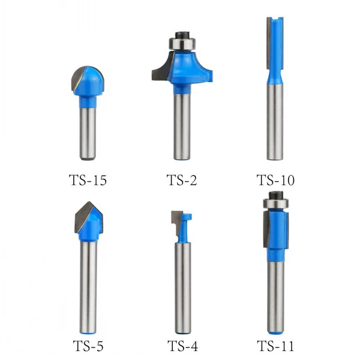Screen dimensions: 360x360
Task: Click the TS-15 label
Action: [x=88, y=180]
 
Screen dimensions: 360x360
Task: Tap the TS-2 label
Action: [x=182, y=180]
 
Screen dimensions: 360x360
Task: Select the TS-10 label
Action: [x=275, y=180]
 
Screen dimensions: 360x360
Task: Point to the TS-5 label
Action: [x=88, y=346]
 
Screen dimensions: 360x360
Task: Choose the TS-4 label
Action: [x=183, y=346]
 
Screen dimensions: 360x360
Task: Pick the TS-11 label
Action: [x=275, y=346]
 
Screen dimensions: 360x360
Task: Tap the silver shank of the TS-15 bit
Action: [x=88, y=134]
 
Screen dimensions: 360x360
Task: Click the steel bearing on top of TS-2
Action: [x=182, y=44]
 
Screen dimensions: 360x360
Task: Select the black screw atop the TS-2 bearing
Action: [x=182, y=35]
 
